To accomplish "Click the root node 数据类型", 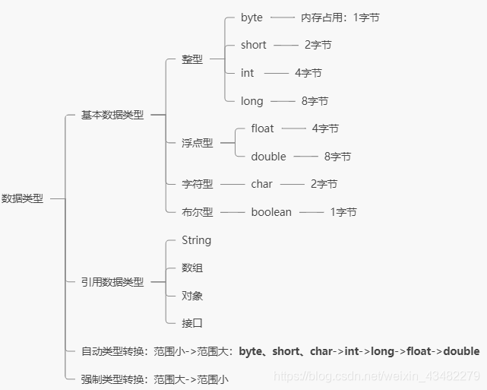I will (x=22, y=198).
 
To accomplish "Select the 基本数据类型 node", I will (x=112, y=115).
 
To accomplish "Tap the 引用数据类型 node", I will (x=112, y=282).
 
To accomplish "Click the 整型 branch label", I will (x=192, y=59).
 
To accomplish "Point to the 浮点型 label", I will (x=198, y=143).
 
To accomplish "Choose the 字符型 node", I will (x=198, y=184).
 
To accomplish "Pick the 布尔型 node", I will (x=198, y=212).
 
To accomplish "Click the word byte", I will (x=251, y=17).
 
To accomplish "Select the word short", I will (x=254, y=45).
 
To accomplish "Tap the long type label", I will (x=252, y=101).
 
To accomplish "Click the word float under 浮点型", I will (x=263, y=128).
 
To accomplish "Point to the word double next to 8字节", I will (x=269, y=157).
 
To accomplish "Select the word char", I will (x=262, y=184).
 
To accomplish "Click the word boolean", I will (x=271, y=212).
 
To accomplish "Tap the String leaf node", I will (x=197, y=240).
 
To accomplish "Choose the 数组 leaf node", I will (x=192, y=268).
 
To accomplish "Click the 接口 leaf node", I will (x=192, y=323).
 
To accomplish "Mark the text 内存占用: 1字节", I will (x=340, y=17).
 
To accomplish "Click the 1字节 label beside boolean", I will (x=343, y=212).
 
